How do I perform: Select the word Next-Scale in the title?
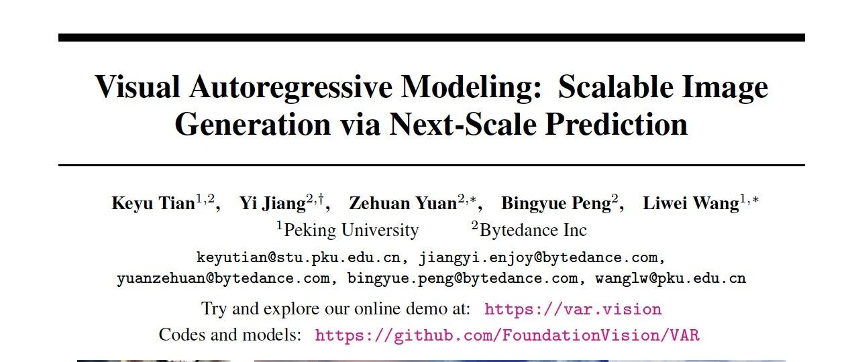pos(462,124)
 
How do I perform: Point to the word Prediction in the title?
pos(617,124)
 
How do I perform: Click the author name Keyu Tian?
pos(153,203)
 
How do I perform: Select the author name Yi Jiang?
pos(273,203)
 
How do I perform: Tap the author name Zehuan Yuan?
pos(403,203)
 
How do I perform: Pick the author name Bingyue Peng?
pos(556,203)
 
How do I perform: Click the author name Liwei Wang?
pos(691,203)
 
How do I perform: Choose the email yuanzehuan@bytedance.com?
pos(223,278)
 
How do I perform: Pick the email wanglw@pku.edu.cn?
pos(670,278)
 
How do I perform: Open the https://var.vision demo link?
pos(573,309)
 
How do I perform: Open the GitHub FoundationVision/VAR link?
pos(507,335)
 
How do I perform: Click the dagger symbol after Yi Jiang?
pos(321,198)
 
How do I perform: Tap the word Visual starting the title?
pos(138,86)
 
